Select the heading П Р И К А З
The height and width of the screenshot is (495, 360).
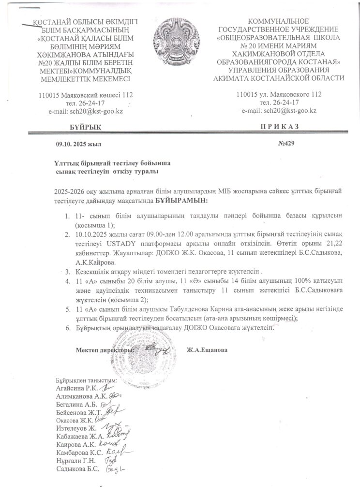coord(280,127)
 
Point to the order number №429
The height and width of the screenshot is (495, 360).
coord(285,143)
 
